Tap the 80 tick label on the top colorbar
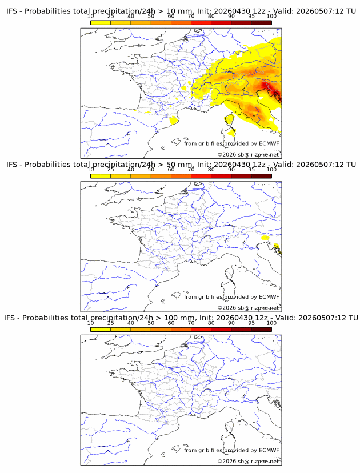211,16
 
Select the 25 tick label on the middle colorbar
111,169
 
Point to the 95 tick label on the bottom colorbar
251,323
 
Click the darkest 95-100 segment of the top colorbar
262,23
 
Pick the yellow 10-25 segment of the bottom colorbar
101,330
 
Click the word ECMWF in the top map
269,143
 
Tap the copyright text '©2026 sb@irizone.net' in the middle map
249,308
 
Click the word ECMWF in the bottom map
269,450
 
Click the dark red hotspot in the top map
267,87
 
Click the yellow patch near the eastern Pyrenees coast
174,121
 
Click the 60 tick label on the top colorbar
171,16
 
